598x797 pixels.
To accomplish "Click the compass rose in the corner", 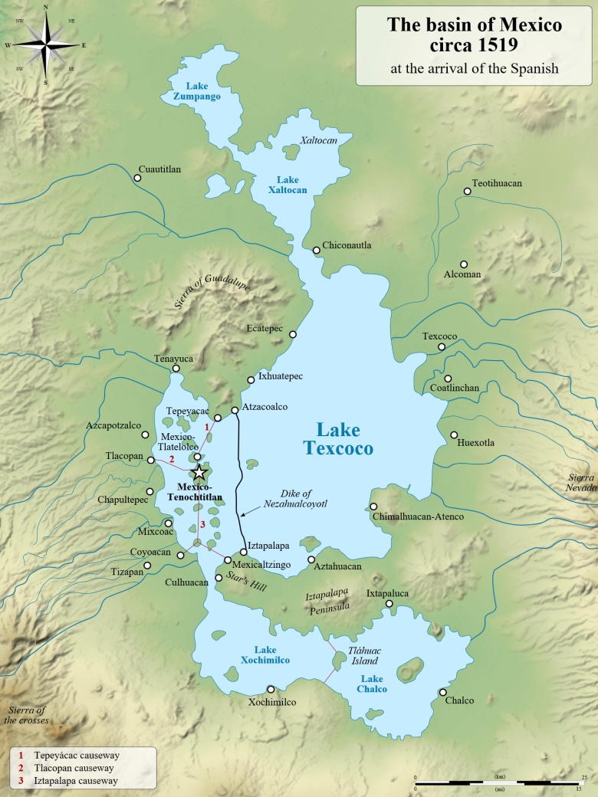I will click(x=45, y=45).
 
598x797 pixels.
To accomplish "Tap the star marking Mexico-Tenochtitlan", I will click(x=199, y=472).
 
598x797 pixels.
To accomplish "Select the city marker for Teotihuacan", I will click(x=467, y=191).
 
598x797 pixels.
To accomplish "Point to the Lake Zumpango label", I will click(x=192, y=91).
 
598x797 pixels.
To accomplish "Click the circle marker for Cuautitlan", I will click(x=137, y=178).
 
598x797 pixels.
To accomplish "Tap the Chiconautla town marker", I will click(x=316, y=250).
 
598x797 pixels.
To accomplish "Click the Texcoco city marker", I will click(x=442, y=347).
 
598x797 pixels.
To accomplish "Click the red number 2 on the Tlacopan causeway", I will click(x=172, y=460).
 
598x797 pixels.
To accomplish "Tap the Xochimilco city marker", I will click(x=270, y=689).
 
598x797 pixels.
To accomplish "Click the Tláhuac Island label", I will click(x=364, y=656).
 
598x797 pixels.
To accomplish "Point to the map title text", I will click(x=474, y=34).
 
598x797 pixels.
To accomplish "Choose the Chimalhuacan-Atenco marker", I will click(x=373, y=506).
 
